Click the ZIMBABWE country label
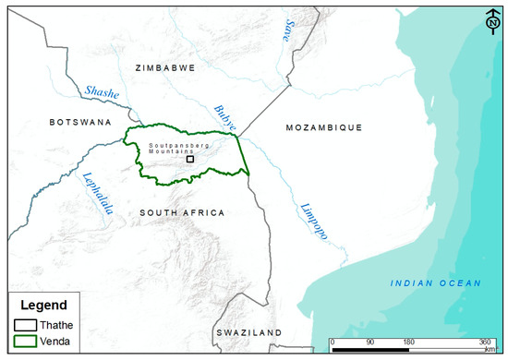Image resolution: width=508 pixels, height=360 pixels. [x=165, y=68]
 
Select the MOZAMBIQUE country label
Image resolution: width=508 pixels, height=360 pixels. [x=323, y=126]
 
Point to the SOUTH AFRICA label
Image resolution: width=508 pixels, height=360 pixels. [x=182, y=213]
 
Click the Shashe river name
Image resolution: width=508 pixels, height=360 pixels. [x=102, y=91]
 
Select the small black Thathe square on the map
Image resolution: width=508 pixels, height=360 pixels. [x=190, y=159]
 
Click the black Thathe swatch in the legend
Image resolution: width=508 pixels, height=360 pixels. [x=26, y=324]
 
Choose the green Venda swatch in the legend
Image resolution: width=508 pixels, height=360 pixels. [x=26, y=341]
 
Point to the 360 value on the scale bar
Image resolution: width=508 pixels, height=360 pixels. [x=485, y=342]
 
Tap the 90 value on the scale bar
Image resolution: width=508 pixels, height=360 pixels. [x=369, y=342]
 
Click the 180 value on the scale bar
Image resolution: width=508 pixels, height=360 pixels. [x=407, y=342]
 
